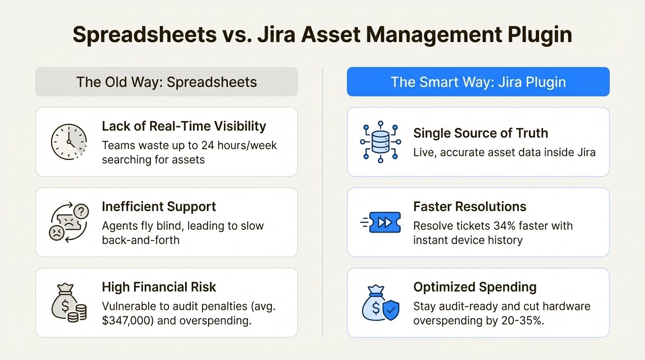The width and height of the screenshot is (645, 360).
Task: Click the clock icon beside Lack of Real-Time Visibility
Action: [x=69, y=142]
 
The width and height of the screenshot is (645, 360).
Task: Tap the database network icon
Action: [x=380, y=142]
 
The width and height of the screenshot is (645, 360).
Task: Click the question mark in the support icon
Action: [x=81, y=212]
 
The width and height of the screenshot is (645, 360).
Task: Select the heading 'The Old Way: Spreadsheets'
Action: [x=166, y=82]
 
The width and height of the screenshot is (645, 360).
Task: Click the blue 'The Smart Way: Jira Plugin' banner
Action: [x=478, y=82]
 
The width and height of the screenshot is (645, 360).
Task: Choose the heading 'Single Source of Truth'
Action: [x=480, y=133]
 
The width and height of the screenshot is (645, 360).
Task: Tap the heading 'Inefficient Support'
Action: [x=159, y=207]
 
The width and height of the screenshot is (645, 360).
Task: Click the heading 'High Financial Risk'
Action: [x=159, y=287]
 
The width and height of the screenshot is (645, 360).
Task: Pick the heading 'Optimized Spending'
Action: [x=475, y=287]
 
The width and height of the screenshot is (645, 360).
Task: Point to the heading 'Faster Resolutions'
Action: [x=470, y=207]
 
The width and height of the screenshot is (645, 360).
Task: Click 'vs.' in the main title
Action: [x=238, y=35]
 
